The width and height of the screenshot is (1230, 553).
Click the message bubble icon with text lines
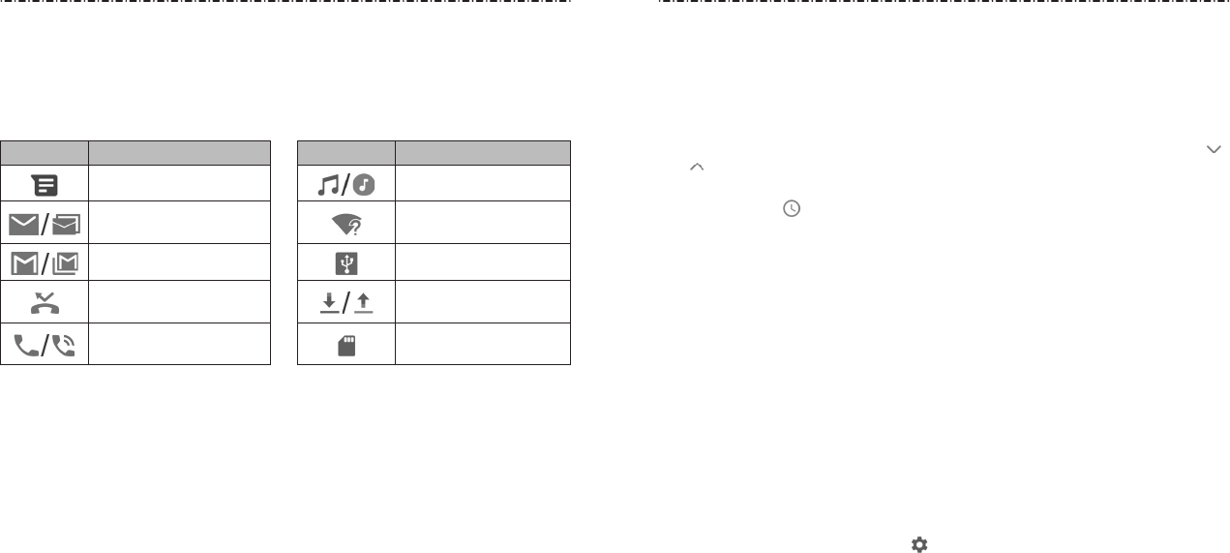coord(45,184)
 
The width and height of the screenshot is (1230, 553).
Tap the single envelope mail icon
coord(25,225)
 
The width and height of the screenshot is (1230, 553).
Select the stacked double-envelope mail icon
coord(66,226)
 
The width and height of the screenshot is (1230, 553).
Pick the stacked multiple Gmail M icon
coord(66,262)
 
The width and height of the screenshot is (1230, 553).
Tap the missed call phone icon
coord(45,303)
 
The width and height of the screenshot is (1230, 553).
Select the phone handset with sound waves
coord(63,344)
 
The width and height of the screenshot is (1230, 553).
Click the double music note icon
coord(329,184)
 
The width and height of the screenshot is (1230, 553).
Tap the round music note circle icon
coord(364,184)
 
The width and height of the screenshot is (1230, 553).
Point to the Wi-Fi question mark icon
coord(346,225)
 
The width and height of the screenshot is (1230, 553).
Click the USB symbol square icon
coord(346,262)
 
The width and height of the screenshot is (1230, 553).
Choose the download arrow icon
coord(330,303)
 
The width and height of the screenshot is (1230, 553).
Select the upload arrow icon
coord(363,303)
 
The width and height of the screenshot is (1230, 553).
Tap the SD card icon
coord(346,345)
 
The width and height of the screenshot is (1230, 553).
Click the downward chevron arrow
coord(1213,149)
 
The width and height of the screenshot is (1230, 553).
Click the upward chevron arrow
coord(695,168)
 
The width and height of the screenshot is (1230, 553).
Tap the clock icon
coord(792,208)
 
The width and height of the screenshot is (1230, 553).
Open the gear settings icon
coord(919,544)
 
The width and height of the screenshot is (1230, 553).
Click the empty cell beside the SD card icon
coord(482,345)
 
